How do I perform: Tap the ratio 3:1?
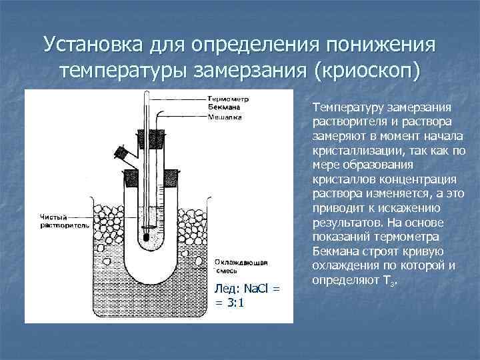point(236,301)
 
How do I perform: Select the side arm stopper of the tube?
point(122,152)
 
